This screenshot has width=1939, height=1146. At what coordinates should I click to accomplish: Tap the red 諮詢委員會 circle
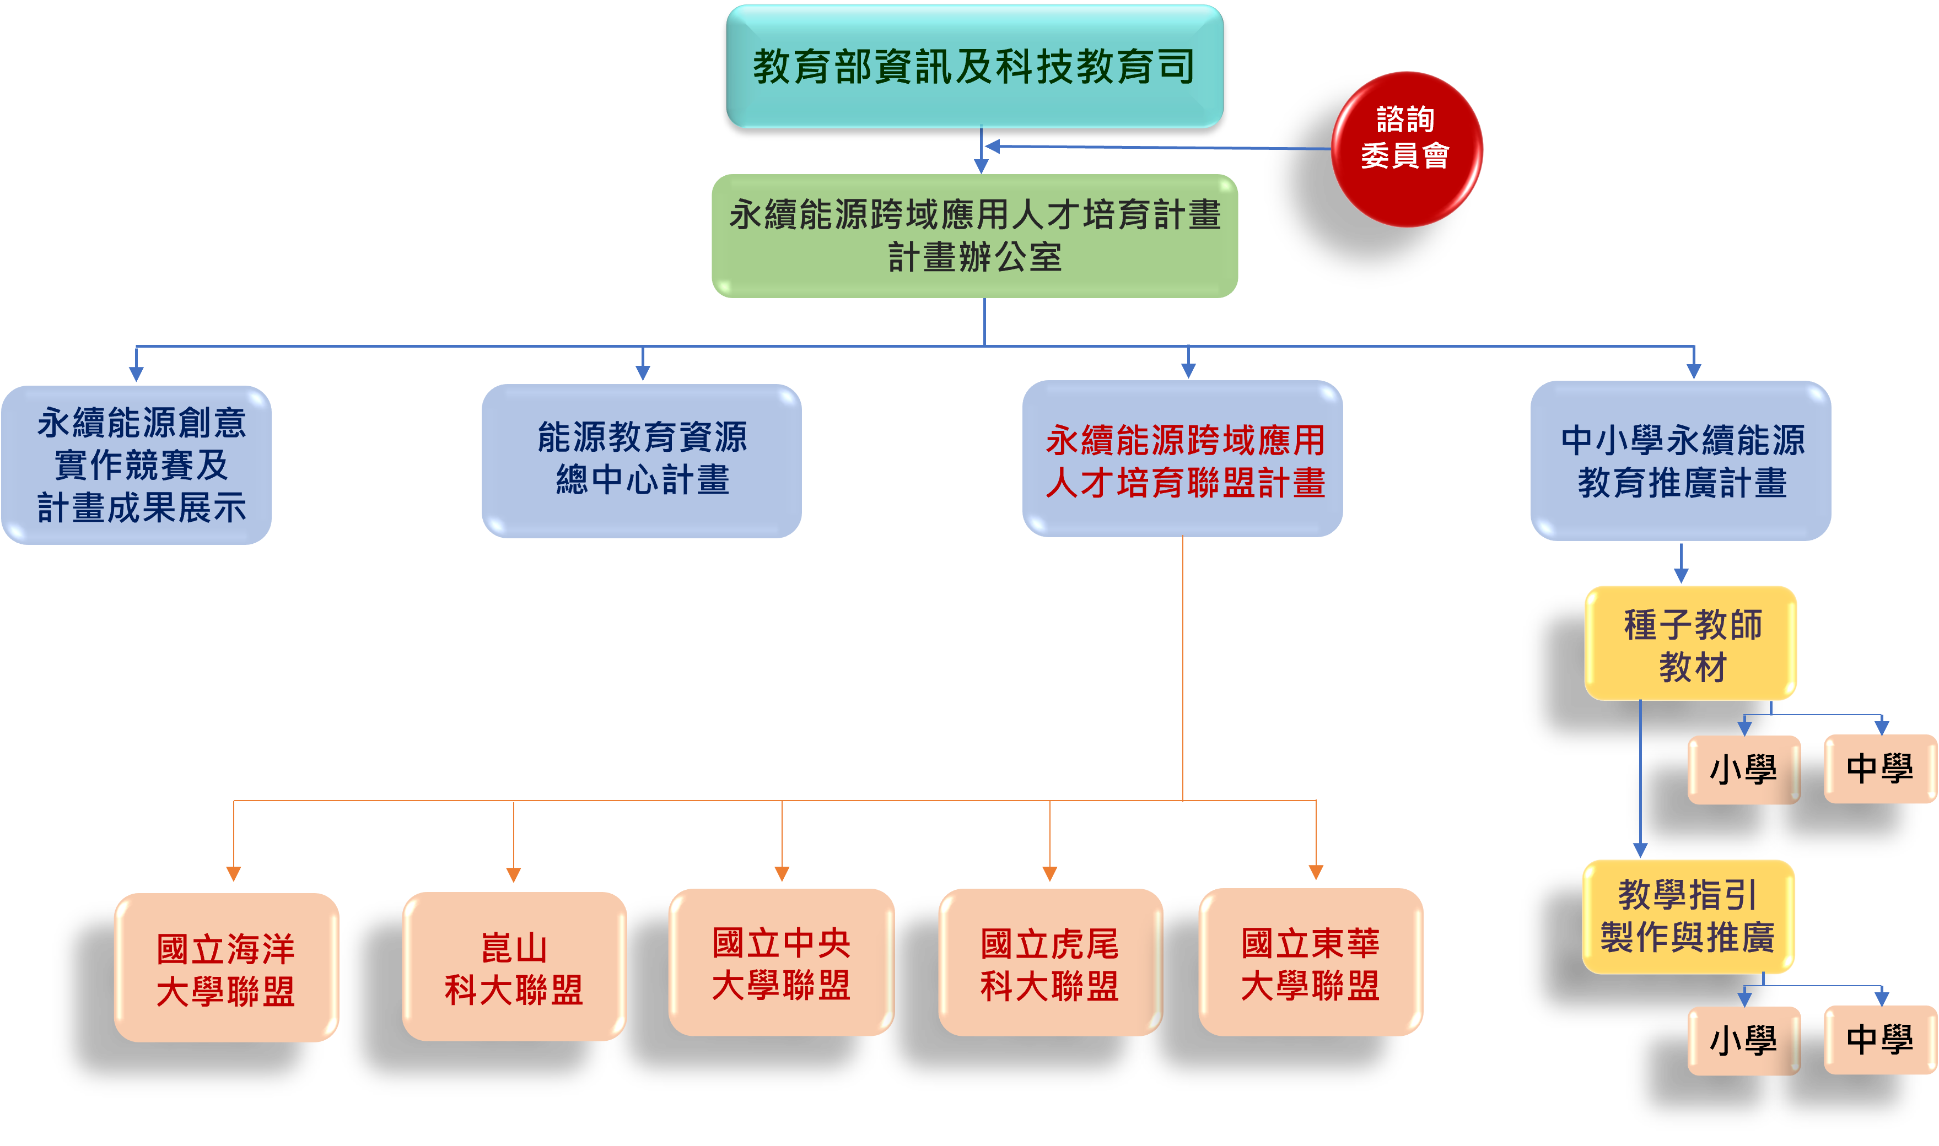click(x=1406, y=149)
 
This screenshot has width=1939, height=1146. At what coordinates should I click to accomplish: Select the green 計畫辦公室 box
click(x=974, y=235)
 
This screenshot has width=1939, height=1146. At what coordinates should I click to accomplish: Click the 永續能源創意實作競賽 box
click(x=137, y=465)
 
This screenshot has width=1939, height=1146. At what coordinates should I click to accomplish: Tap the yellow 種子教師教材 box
click(x=1690, y=644)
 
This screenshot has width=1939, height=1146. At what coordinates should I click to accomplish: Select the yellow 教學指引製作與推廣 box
click(x=1688, y=917)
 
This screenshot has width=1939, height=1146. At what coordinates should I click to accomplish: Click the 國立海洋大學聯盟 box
click(x=227, y=967)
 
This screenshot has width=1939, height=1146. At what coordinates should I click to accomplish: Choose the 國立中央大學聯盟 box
click(x=781, y=962)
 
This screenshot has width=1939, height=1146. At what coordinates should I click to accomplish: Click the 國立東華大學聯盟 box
click(x=1310, y=962)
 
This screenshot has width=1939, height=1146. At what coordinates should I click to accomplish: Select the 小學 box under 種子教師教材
click(x=1743, y=770)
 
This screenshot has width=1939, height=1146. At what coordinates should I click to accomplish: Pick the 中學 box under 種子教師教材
click(x=1880, y=769)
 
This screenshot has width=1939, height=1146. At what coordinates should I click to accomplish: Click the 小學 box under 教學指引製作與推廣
click(x=1743, y=1040)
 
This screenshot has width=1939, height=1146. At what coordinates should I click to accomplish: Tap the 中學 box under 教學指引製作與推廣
click(x=1880, y=1040)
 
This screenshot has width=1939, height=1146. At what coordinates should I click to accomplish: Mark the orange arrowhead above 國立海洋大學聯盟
click(x=233, y=873)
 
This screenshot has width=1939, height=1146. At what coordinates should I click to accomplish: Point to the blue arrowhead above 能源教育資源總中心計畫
click(x=642, y=373)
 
